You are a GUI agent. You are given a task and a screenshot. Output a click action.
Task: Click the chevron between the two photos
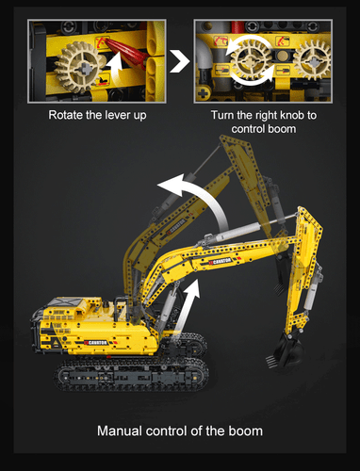coord(176,63)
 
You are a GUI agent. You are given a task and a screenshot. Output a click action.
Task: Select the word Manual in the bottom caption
coord(122,431)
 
